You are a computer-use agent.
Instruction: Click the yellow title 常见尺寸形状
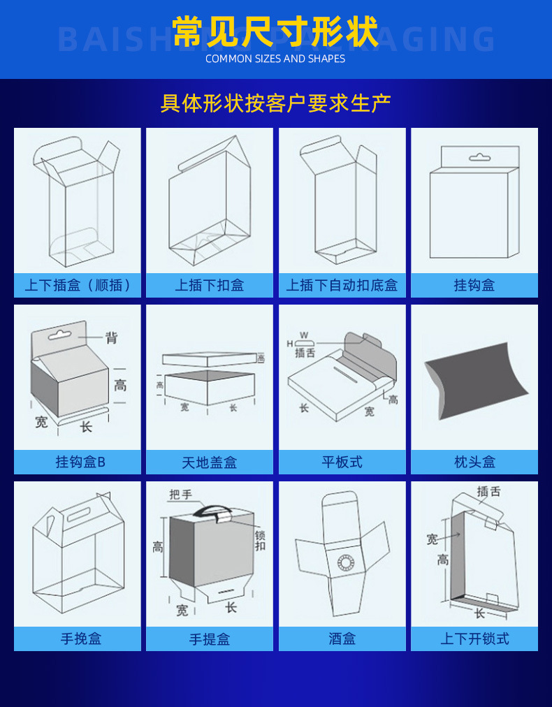click(x=275, y=31)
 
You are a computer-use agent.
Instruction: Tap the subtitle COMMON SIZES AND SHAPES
click(x=275, y=59)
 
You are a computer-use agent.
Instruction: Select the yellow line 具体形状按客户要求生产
click(x=275, y=103)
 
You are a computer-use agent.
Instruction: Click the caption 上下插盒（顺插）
click(x=77, y=286)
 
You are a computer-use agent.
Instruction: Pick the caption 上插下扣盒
click(x=210, y=286)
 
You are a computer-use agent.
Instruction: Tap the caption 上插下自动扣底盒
click(x=342, y=286)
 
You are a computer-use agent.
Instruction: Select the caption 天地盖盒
click(x=210, y=462)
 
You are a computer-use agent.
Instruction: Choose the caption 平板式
click(x=342, y=462)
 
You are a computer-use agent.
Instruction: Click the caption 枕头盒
click(x=474, y=462)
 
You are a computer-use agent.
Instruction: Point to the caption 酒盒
click(x=342, y=639)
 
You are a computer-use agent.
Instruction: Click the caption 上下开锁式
click(x=474, y=639)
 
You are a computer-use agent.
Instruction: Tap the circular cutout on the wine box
click(x=344, y=562)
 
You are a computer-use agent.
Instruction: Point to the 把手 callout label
click(x=180, y=495)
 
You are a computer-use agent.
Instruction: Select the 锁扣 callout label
click(x=260, y=540)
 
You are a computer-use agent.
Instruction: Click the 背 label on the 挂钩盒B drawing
click(x=111, y=338)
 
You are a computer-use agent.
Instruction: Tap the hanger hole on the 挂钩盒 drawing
click(x=479, y=157)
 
